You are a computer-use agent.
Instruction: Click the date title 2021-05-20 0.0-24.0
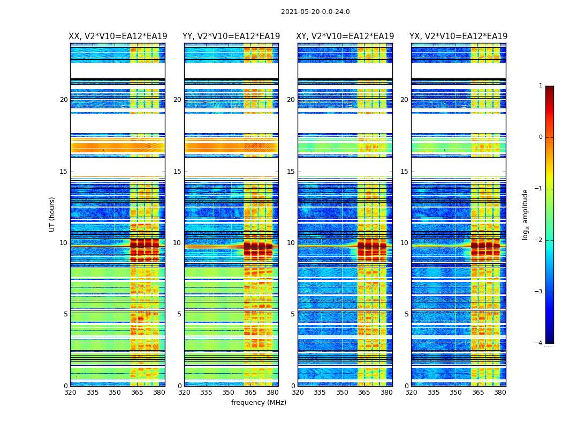(315, 12)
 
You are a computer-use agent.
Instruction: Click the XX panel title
(117, 36)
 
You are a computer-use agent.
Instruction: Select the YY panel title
(231, 36)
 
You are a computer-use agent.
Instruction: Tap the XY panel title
(345, 36)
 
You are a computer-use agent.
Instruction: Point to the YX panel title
(459, 36)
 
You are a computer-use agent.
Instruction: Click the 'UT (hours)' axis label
(52, 214)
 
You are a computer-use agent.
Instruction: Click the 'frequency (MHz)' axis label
(259, 403)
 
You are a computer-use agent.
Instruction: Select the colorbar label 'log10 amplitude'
(526, 214)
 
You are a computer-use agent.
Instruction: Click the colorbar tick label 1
(540, 86)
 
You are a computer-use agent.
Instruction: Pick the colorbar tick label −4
(539, 343)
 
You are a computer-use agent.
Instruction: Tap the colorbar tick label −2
(539, 240)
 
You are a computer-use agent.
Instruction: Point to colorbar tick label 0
(540, 137)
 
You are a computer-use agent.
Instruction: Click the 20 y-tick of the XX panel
(64, 100)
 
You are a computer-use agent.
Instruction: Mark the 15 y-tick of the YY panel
(177, 172)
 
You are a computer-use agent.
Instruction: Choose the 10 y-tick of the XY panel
(291, 243)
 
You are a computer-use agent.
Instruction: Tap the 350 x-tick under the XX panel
(115, 393)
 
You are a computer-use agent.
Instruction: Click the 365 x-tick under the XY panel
(364, 393)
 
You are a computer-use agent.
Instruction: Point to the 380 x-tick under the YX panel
(500, 393)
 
